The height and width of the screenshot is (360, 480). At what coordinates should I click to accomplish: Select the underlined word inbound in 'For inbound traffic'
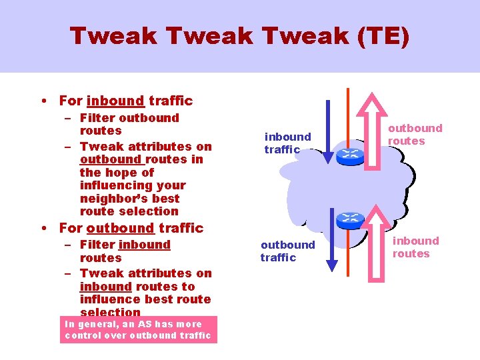115,101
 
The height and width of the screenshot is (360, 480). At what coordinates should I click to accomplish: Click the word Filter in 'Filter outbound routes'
98,118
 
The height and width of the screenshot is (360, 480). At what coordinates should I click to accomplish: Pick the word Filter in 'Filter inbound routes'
98,245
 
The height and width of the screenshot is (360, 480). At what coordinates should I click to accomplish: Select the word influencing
113,185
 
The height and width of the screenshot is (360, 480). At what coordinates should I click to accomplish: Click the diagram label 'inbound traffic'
287,143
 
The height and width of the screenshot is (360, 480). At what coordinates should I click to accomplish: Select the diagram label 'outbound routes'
415,134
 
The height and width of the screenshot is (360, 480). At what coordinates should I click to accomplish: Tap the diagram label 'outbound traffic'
287,251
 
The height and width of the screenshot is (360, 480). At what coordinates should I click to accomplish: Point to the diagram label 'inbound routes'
415,247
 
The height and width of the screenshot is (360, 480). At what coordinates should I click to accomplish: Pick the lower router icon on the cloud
350,219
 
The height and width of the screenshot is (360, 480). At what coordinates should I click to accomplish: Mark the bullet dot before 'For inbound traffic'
43,101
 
